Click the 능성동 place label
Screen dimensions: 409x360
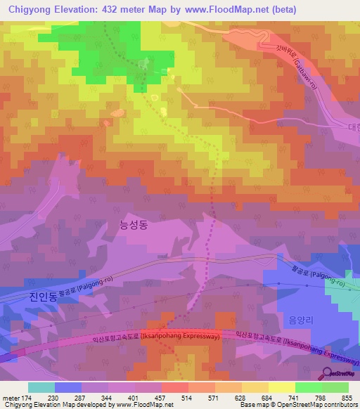pyautogui.click(x=134, y=225)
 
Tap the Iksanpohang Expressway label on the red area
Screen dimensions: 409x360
pyautogui.click(x=184, y=337)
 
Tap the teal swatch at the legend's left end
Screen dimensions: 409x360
pyautogui.click(x=41, y=387)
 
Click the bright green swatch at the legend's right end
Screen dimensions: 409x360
pyautogui.click(x=335, y=387)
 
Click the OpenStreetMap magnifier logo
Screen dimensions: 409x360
pyautogui.click(x=328, y=373)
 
